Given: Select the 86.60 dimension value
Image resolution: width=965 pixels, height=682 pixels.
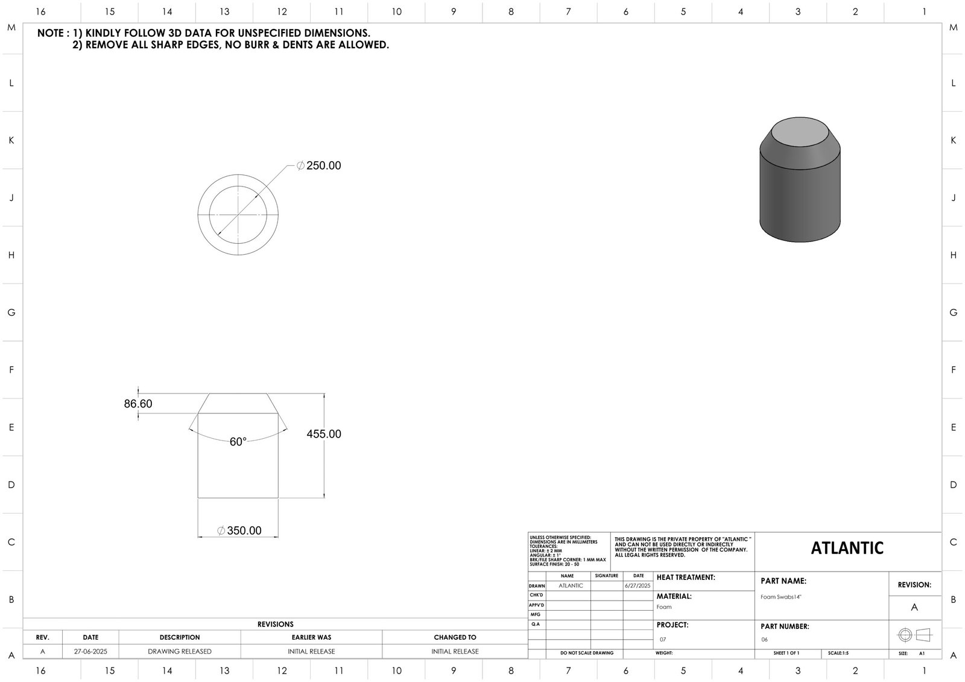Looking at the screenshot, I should [x=138, y=404].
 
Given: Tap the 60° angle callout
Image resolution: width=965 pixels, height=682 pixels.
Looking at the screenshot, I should [x=238, y=442].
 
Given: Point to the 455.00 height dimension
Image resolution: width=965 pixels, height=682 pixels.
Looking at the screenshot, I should [x=324, y=434].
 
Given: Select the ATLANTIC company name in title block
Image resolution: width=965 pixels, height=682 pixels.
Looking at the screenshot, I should [x=847, y=548].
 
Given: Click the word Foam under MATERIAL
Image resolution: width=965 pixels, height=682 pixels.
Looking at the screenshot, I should [x=664, y=607].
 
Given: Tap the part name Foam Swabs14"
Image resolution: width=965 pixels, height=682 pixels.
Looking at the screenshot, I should [x=781, y=597].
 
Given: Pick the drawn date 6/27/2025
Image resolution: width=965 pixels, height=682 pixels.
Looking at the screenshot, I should [x=638, y=586].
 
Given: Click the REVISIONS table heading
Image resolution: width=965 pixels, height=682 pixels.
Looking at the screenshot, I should [x=275, y=624].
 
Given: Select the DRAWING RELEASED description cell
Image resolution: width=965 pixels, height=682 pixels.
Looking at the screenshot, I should [x=180, y=651].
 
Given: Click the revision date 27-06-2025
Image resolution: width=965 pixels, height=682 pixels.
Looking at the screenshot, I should [x=90, y=651].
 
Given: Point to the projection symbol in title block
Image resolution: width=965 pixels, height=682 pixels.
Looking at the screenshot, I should [x=914, y=635].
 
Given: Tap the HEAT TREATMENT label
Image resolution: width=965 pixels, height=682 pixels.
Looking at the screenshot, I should [x=686, y=578].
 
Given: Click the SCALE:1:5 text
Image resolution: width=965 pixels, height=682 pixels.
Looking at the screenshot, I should [x=838, y=653].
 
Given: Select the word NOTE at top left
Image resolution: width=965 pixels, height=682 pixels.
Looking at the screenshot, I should [x=49, y=33].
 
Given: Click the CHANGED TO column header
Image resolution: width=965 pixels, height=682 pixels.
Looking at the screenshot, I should [x=455, y=637].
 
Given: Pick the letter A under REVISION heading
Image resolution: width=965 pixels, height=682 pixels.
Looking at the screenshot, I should [x=914, y=607].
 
